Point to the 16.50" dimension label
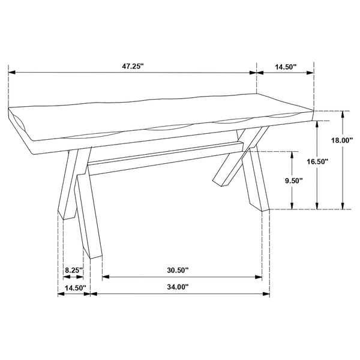click(x=318, y=161)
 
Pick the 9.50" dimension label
click(x=293, y=180)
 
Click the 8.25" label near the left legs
click(x=73, y=271)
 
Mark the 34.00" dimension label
click(x=178, y=287)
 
